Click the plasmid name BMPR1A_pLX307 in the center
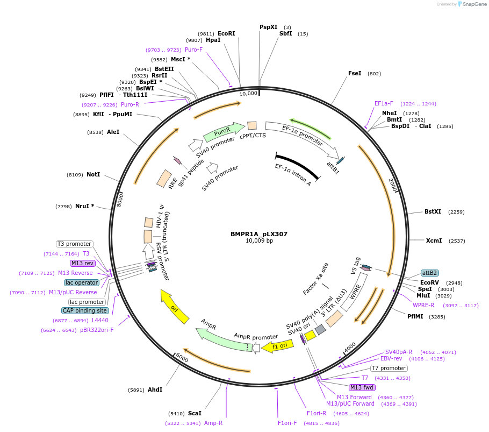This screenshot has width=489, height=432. coord(259,234)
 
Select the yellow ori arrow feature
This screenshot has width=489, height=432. coord(175,307)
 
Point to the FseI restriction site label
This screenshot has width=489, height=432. coord(355,73)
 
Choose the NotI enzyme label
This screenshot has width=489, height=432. coord(93,174)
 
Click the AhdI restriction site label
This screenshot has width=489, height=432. coord(155,389)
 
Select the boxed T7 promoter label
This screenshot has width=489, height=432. coord(389,368)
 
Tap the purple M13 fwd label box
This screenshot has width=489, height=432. coord(362,387)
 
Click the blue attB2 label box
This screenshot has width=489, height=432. coord(429,273)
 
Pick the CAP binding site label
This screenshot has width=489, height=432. coord(85,310)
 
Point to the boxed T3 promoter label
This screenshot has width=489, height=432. coord(74,244)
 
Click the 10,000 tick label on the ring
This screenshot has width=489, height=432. coord(249,94)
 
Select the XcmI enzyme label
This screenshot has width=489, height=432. coord(434,240)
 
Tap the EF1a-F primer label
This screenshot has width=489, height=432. coord(384,103)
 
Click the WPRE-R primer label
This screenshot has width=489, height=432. coord(423,305)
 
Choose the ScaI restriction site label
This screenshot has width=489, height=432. coord(195,413)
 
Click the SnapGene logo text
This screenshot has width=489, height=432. coord(474,4)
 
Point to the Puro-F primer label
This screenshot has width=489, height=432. coord(193,49)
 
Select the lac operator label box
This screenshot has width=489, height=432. coord(82,282)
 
